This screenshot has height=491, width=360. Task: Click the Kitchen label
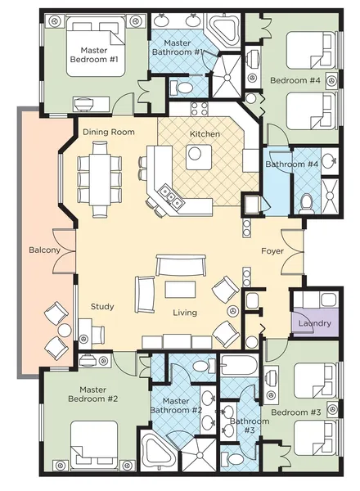(x=205, y=134)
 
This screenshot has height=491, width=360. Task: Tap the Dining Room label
(x=109, y=132)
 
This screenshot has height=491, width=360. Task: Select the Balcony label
(x=44, y=250)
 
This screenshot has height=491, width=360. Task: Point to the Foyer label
(x=272, y=251)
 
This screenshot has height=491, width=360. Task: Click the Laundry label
(x=315, y=323)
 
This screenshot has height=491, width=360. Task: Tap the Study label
(x=102, y=307)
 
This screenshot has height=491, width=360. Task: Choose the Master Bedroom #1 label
(x=94, y=55)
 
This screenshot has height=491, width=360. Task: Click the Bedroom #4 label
(x=295, y=80)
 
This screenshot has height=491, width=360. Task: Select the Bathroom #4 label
(x=292, y=164)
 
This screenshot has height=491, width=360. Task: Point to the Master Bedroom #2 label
(x=93, y=394)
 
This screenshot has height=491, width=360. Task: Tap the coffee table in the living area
(x=180, y=290)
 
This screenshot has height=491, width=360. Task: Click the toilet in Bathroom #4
(x=305, y=203)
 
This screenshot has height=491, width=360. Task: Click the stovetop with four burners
(x=199, y=108)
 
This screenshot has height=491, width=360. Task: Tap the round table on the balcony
(x=65, y=330)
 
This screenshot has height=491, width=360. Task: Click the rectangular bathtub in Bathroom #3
(x=239, y=365)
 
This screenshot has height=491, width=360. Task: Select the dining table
(x=100, y=180)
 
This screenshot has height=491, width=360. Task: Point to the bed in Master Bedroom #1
(x=96, y=46)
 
